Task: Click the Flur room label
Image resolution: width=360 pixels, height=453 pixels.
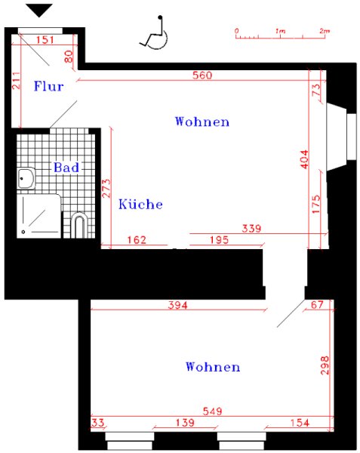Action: pyautogui.click(x=48, y=86)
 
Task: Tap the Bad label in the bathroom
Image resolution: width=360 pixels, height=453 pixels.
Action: pyautogui.click(x=66, y=168)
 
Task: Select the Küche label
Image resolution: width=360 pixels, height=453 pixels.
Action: pyautogui.click(x=140, y=204)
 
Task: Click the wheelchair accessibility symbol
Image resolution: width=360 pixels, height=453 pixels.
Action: pyautogui.click(x=154, y=32)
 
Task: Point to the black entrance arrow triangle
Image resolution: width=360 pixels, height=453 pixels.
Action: pyautogui.click(x=39, y=11)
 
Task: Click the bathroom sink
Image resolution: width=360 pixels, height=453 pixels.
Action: pyautogui.click(x=26, y=178)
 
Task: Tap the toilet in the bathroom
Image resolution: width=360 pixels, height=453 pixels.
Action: pyautogui.click(x=78, y=225)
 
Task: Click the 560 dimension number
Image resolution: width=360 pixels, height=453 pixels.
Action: pyautogui.click(x=202, y=75)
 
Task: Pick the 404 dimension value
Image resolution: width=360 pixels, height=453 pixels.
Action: pyautogui.click(x=304, y=159)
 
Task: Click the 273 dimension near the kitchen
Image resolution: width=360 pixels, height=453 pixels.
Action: pyautogui.click(x=106, y=188)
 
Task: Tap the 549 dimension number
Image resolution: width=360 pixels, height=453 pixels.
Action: pyautogui.click(x=213, y=411)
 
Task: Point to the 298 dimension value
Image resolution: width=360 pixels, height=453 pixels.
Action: pyautogui.click(x=325, y=365)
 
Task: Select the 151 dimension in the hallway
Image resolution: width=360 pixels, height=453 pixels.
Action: pyautogui.click(x=45, y=39)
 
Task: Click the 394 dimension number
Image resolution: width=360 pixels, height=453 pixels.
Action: pyautogui.click(x=178, y=305)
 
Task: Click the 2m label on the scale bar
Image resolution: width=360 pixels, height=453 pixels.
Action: pyautogui.click(x=325, y=31)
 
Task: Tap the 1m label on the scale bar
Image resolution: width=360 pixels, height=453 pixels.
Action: pyautogui.click(x=280, y=31)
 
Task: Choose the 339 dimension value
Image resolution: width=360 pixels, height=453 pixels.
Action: pyautogui.click(x=251, y=229)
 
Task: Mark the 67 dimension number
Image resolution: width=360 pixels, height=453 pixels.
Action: pyautogui.click(x=317, y=304)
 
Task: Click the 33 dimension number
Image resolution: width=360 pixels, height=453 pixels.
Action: pyautogui.click(x=97, y=423)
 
